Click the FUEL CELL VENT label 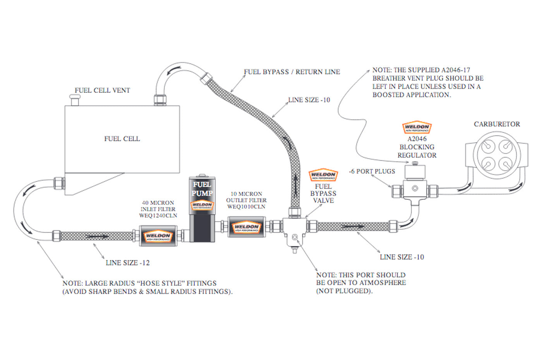[102, 90]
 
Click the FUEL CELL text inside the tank [122, 139]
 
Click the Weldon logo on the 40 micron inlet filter [158, 237]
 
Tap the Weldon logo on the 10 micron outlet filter [246, 228]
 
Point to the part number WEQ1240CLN [158, 216]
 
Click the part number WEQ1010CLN [246, 207]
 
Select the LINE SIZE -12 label [127, 263]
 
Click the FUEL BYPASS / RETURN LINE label [292, 72]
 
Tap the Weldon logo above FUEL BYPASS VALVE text [323, 175]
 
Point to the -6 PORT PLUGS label [372, 171]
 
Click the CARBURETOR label [497, 124]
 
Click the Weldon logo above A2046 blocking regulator [417, 127]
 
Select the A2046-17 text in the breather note [456, 70]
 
